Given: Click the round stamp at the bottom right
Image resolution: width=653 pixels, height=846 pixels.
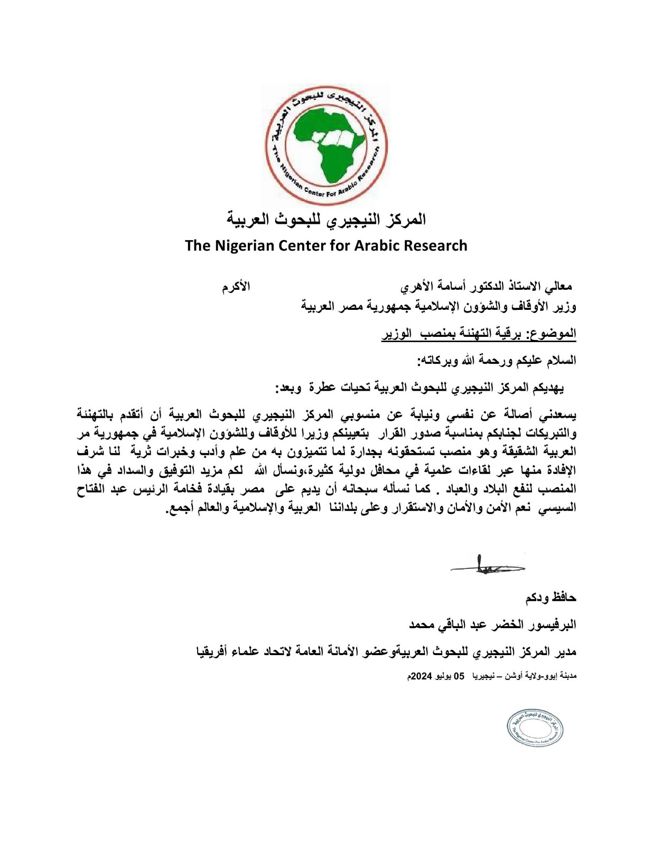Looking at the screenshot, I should (535, 728).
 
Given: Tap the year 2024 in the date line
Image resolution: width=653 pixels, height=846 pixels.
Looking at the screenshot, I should (422, 676).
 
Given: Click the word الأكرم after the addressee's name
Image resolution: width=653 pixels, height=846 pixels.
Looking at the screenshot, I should (236, 287).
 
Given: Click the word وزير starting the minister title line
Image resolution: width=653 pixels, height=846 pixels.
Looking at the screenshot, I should (564, 307).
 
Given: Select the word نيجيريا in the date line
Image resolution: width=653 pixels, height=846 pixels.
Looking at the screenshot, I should (487, 676).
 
